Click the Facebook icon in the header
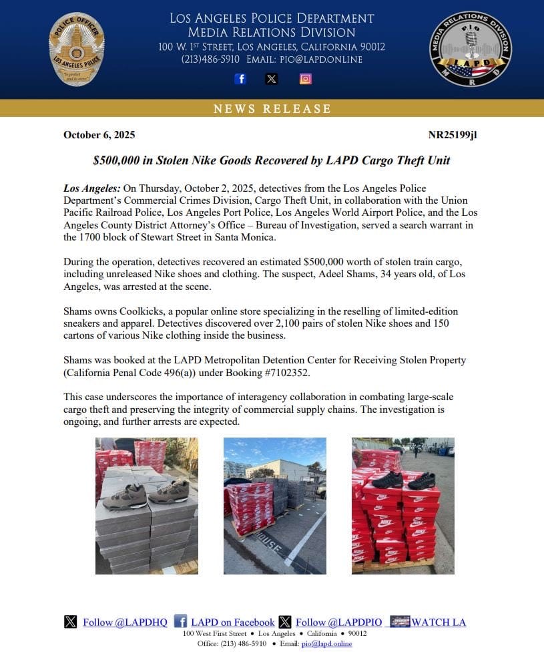pyautogui.click(x=240, y=79)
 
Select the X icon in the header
pyautogui.click(x=272, y=79)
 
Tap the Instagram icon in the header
pyautogui.click(x=305, y=79)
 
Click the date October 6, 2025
pyautogui.click(x=99, y=135)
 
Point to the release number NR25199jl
pyautogui.click(x=452, y=135)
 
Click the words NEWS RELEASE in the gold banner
pyautogui.click(x=272, y=109)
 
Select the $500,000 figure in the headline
pyautogui.click(x=115, y=160)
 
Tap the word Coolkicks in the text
pyautogui.click(x=138, y=312)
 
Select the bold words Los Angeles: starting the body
pyautogui.click(x=91, y=188)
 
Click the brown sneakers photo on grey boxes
pyautogui.click(x=147, y=506)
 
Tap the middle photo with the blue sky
pyautogui.click(x=274, y=506)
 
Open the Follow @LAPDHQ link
pyautogui.click(x=125, y=623)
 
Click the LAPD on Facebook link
pyautogui.click(x=232, y=623)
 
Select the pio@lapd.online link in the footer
pyautogui.click(x=326, y=643)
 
